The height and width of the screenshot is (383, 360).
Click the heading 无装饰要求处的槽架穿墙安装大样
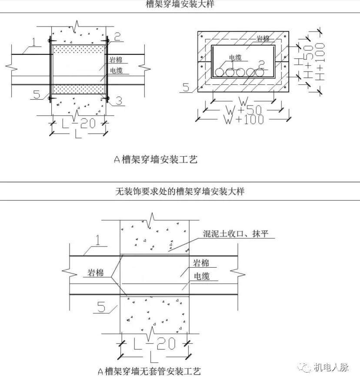tap(180, 191)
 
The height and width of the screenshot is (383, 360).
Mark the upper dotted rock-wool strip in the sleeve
tap(79, 48)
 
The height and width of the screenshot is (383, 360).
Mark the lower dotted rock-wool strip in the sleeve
tap(79, 89)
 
